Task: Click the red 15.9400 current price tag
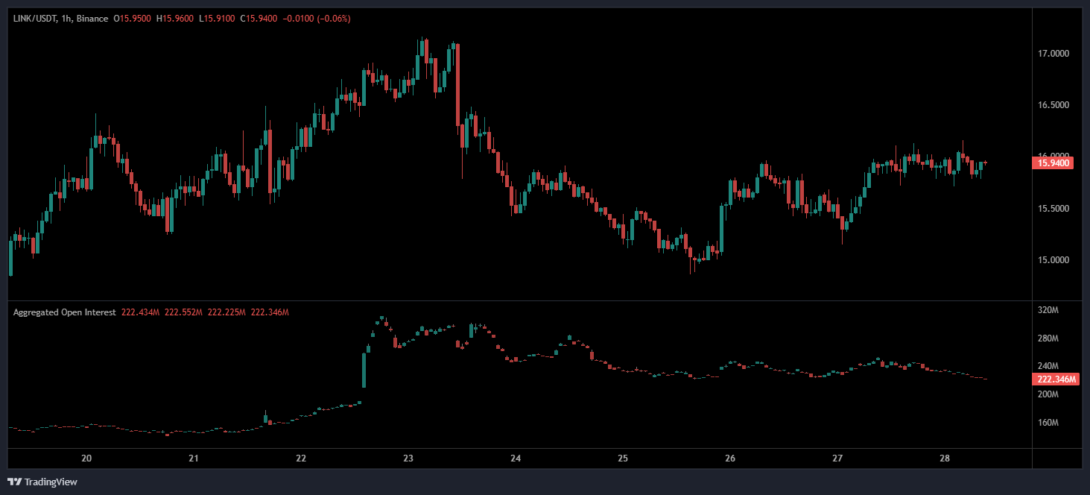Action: click(x=1053, y=163)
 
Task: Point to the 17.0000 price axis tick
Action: click(x=1053, y=54)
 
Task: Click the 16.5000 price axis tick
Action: click(x=1053, y=105)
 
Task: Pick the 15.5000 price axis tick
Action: click(x=1053, y=209)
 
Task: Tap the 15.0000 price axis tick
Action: click(x=1053, y=260)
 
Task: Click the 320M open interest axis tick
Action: click(x=1048, y=310)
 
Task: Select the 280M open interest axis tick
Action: click(x=1048, y=338)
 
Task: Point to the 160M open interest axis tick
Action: click(x=1048, y=423)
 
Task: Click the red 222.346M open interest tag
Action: click(x=1056, y=379)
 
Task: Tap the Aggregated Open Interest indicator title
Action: click(x=64, y=312)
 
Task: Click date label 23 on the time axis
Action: click(x=408, y=458)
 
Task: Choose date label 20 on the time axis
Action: click(x=86, y=458)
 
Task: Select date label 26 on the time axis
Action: click(x=730, y=458)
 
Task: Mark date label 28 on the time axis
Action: click(x=945, y=458)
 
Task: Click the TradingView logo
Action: click(x=42, y=482)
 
